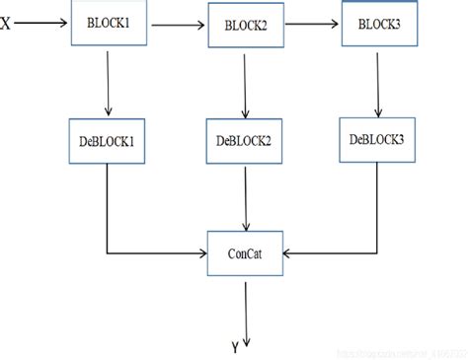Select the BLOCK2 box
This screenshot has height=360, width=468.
tap(243, 26)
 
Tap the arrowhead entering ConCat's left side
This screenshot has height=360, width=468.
tap(200, 252)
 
